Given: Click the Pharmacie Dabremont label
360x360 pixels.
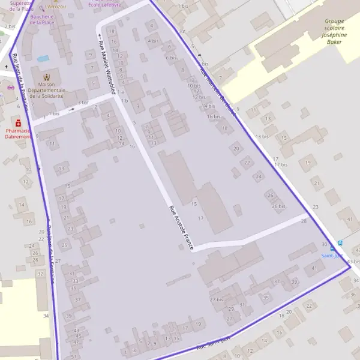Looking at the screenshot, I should pos(18,133).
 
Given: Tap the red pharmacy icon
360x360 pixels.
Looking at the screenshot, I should pos(18,122).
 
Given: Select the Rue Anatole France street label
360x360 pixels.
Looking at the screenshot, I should pos(182,228).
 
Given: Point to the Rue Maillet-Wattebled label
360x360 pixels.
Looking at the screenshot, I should pos(107,63).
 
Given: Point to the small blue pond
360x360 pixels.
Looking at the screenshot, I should pos(43,59).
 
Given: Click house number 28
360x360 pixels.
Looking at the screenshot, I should pos(304,221).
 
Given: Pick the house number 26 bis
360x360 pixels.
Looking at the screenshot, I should pos(278,206).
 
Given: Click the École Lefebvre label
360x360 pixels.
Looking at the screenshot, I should pos(104,4).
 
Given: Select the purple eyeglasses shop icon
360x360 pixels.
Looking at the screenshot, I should pos(10,87).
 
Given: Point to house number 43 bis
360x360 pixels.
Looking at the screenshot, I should pos(353,262).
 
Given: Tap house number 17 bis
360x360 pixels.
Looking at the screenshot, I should pos(280,164).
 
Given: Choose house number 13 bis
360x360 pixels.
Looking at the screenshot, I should pos(262,137).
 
